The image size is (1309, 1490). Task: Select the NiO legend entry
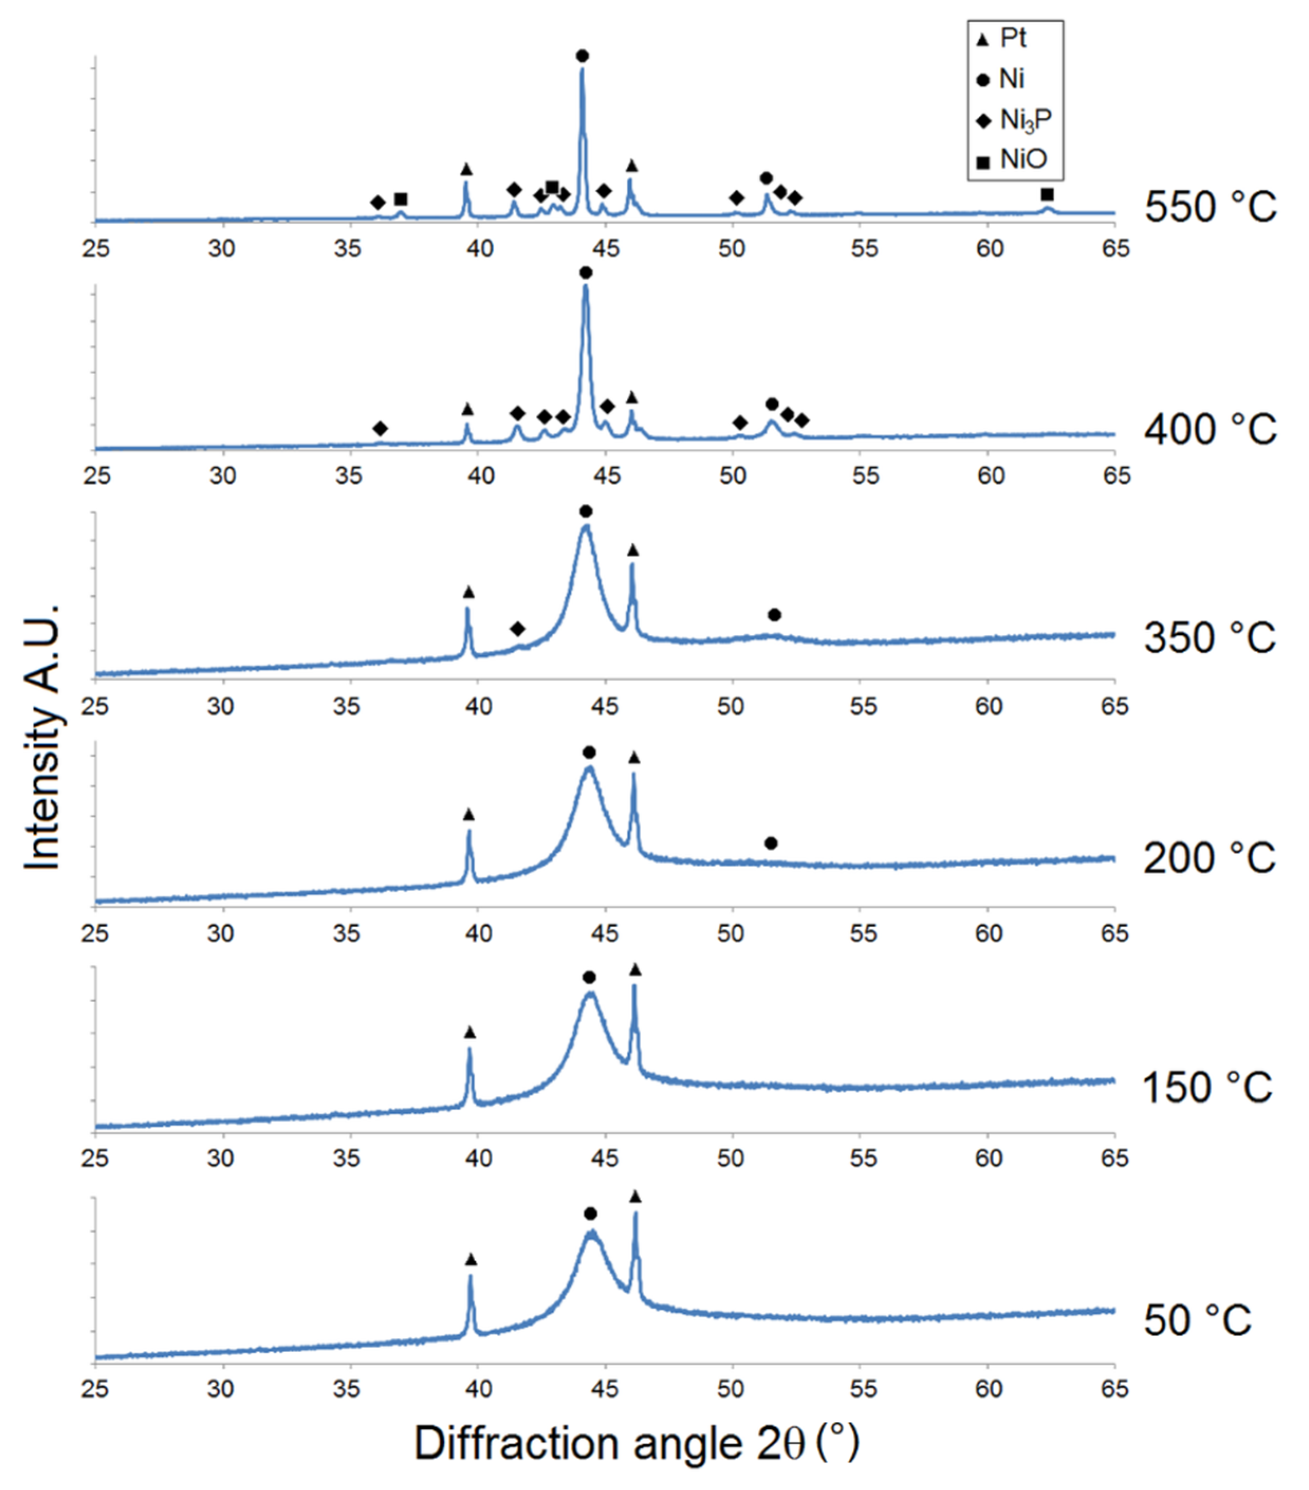pyautogui.click(x=1014, y=160)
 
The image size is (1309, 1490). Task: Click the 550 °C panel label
pyautogui.click(x=1210, y=207)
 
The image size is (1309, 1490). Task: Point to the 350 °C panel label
pyautogui.click(x=1210, y=638)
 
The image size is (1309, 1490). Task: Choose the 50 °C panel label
pyautogui.click(x=1197, y=1320)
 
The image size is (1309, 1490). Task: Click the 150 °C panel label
pyautogui.click(x=1207, y=1088)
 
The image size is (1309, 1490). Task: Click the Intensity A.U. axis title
pyautogui.click(x=42, y=736)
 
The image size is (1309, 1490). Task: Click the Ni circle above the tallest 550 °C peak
pyautogui.click(x=582, y=56)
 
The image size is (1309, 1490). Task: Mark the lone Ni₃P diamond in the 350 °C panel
pyautogui.click(x=517, y=628)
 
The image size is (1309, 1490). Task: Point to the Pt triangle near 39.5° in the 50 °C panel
pyautogui.click(x=471, y=1260)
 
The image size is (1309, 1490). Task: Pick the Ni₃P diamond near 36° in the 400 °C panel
pyautogui.click(x=380, y=429)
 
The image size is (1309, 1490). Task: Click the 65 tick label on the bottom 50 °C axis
pyautogui.click(x=1115, y=1389)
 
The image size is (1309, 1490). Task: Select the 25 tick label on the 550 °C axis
pyautogui.click(x=96, y=248)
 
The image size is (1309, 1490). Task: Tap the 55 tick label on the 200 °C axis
pyautogui.click(x=863, y=934)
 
